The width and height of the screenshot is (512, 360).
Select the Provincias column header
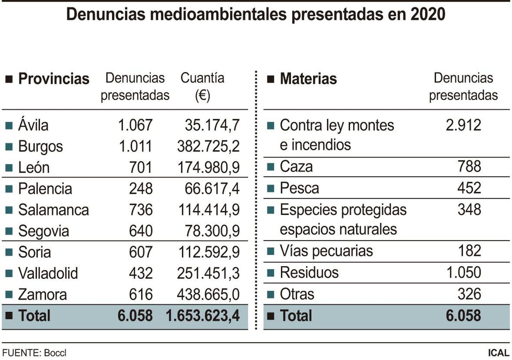pos(53,79)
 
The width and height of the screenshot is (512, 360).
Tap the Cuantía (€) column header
pos(202,86)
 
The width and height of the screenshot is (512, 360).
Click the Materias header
pos(308,79)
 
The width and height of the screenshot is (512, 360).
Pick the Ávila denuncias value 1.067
pos(135,125)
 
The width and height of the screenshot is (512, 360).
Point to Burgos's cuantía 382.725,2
pos(208,146)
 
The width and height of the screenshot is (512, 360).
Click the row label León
pos(34,167)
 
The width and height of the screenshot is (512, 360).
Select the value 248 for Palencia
pos(141,188)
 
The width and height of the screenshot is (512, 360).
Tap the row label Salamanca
pos(53,210)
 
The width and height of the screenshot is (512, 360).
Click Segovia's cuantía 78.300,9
pos(212,231)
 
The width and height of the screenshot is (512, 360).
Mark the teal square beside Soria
pos(9,252)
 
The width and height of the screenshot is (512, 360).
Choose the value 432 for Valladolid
pos(141,273)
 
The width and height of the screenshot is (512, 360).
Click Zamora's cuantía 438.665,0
pos(208,294)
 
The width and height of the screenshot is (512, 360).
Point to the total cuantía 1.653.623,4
pos(203,316)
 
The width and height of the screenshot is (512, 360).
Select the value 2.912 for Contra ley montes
pos(463,125)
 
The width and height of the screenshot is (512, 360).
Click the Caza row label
pos(296,167)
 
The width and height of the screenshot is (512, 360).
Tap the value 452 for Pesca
pos(469,188)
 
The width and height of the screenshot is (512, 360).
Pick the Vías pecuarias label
pos(326,251)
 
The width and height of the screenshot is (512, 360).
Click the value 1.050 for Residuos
pos(463,272)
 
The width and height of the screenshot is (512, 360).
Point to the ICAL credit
pos(498,353)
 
